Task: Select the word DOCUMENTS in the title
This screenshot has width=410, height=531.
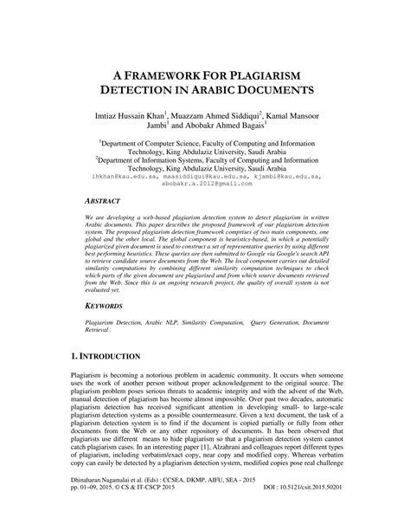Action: click(x=291, y=88)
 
